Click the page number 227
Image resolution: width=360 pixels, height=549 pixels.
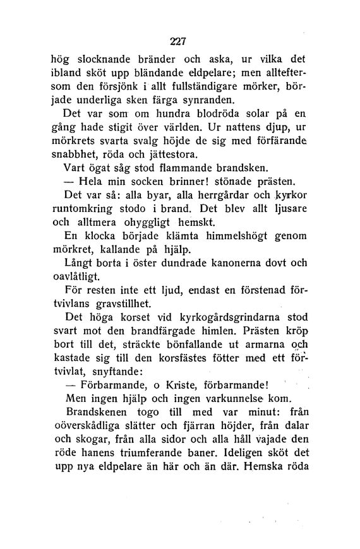[x=179, y=42]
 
